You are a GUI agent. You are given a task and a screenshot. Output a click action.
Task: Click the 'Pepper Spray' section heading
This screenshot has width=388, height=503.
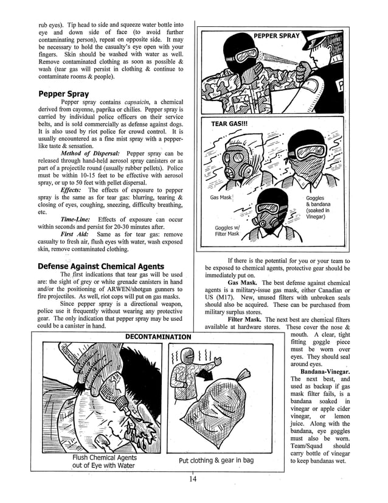tap(63, 94)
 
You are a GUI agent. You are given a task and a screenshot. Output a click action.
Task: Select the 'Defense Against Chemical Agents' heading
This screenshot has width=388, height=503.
tap(100, 266)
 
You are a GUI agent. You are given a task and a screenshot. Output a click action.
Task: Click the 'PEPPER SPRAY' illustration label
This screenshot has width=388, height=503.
tap(277, 36)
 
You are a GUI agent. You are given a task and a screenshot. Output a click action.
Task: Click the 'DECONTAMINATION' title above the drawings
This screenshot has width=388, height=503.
tap(158, 336)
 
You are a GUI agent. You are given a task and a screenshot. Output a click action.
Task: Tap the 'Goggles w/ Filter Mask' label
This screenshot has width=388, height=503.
tap(227, 230)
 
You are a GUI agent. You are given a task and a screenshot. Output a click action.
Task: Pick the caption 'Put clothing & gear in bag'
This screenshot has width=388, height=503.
tap(216, 460)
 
